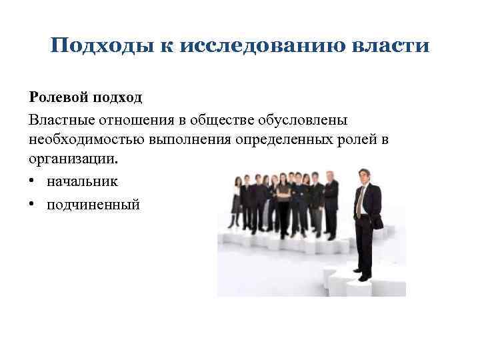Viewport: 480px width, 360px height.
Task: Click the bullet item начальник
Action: click(x=82, y=181)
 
